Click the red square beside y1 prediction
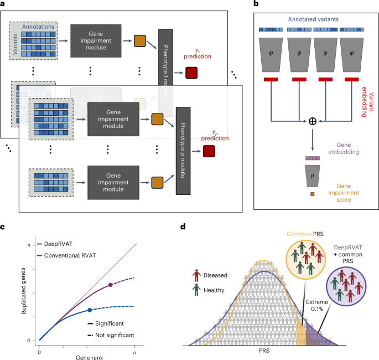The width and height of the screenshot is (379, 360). pyautogui.click(x=191, y=72)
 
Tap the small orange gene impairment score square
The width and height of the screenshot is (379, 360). pyautogui.click(x=312, y=194)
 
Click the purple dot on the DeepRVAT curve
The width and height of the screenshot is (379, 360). pyautogui.click(x=111, y=285)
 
